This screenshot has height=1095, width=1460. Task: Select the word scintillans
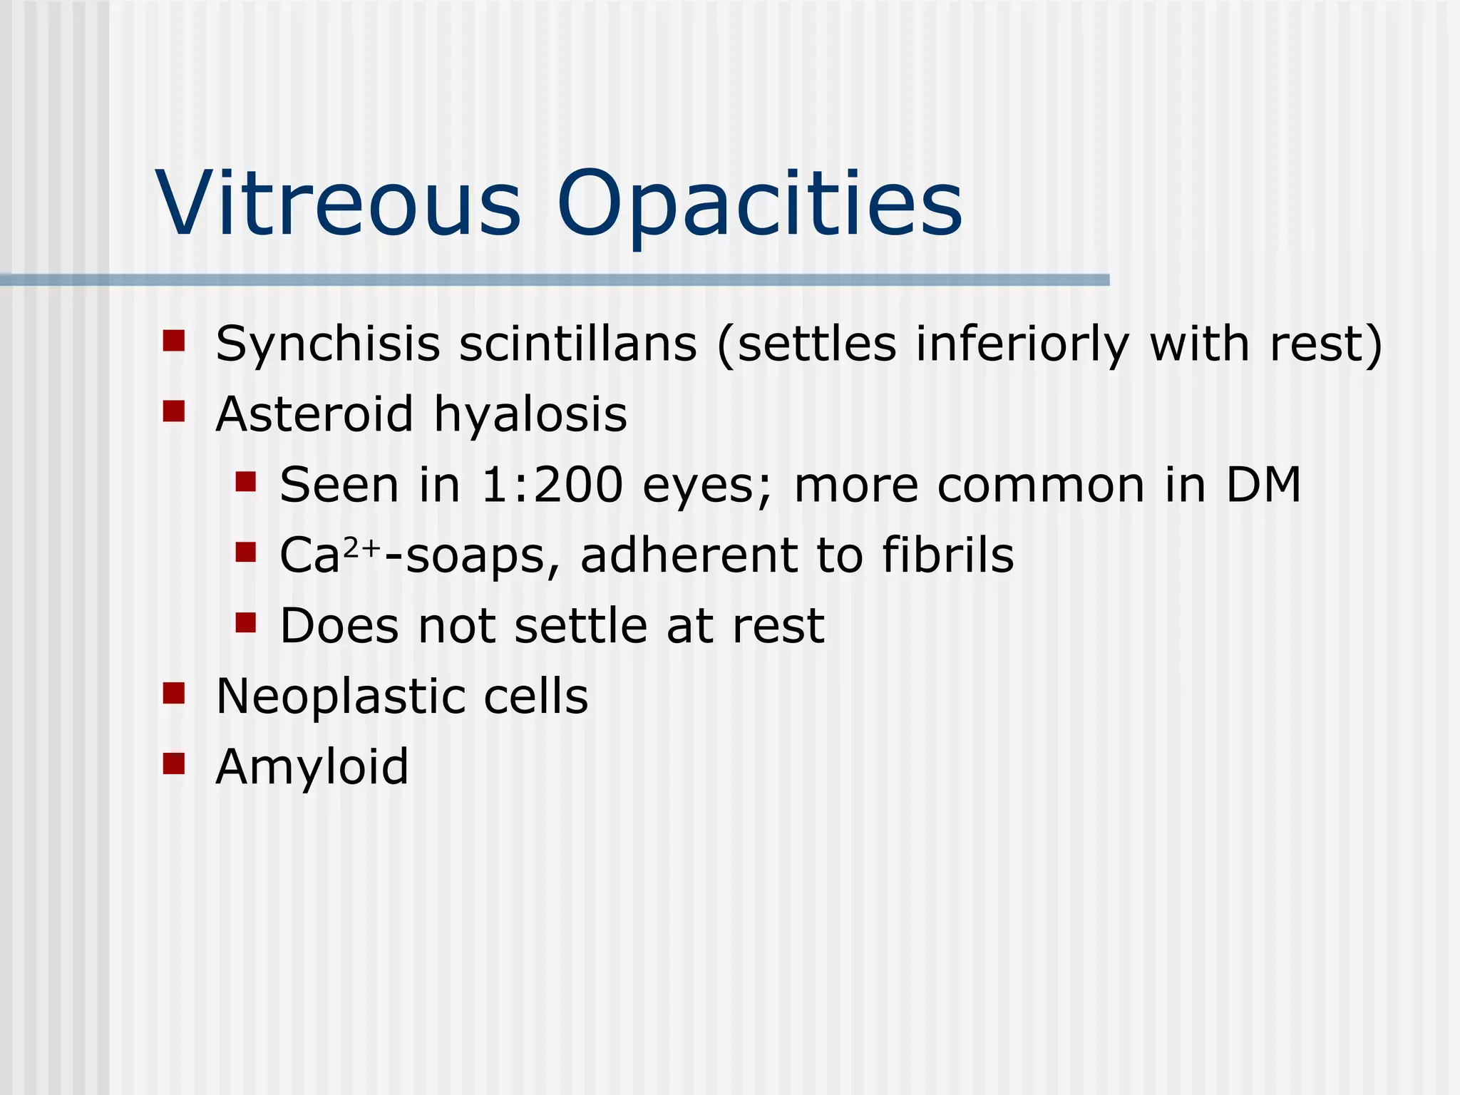577,344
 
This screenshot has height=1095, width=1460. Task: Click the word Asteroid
314,414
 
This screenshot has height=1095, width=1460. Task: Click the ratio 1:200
552,485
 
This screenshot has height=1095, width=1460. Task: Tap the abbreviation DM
1263,485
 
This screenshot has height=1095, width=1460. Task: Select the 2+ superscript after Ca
362,547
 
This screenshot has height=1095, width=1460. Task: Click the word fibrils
947,555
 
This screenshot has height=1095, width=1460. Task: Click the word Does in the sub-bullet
339,626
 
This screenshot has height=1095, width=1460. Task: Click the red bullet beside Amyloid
174,764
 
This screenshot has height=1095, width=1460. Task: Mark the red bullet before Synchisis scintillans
174,341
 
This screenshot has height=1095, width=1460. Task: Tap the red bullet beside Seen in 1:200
245,481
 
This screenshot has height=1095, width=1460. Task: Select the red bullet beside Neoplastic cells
174,693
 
